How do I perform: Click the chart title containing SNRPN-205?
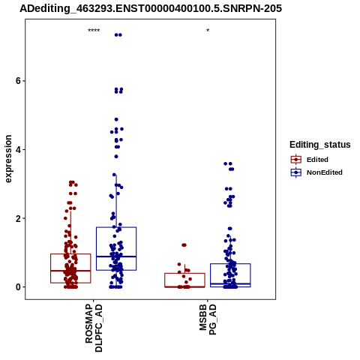(151, 8)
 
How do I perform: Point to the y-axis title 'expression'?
(8, 159)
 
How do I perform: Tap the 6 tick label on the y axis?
(18, 81)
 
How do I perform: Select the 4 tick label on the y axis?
(18, 149)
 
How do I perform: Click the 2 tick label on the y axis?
(18, 218)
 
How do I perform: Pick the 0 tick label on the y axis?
(18, 287)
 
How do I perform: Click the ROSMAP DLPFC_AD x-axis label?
(94, 328)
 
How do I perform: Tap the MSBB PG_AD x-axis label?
(208, 319)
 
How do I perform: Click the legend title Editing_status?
(320, 145)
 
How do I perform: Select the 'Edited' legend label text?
(317, 160)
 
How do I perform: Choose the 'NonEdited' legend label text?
(325, 172)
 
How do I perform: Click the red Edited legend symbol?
(296, 159)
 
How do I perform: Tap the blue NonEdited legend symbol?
(296, 172)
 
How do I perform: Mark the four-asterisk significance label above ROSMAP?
(94, 31)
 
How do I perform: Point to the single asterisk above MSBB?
(208, 30)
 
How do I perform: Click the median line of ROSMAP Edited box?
(70, 271)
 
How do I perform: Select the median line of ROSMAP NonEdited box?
(116, 256)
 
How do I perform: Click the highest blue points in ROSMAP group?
(118, 35)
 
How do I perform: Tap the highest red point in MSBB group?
(184, 245)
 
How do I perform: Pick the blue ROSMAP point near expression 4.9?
(116, 119)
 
